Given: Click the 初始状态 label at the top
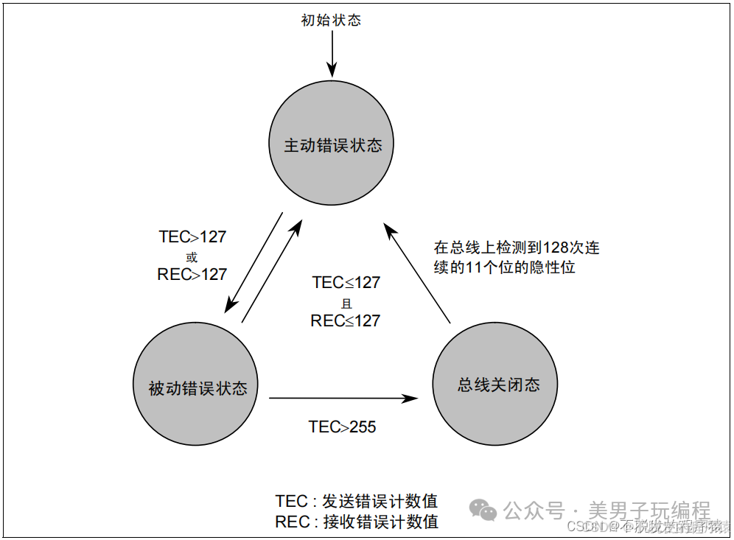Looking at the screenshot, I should coord(331,20).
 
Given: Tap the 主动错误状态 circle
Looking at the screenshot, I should coord(332,145).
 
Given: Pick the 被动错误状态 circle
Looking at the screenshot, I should coord(197,388).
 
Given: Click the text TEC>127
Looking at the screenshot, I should coord(192,237).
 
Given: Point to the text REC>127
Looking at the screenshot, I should coord(192,275).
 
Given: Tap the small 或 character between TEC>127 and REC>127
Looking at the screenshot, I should coord(192,257).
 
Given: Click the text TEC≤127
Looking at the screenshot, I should coord(346,283).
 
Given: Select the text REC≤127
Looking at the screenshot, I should coord(346,320).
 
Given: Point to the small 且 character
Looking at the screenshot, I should coord(346,303).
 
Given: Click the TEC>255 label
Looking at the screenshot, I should coord(342,427).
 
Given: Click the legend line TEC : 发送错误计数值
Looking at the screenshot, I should coord(357,502).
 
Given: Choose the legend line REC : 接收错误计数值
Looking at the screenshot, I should coord(357,522).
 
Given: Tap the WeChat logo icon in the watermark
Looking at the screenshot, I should coord(485,510).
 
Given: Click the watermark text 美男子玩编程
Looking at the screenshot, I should coord(649,510).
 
